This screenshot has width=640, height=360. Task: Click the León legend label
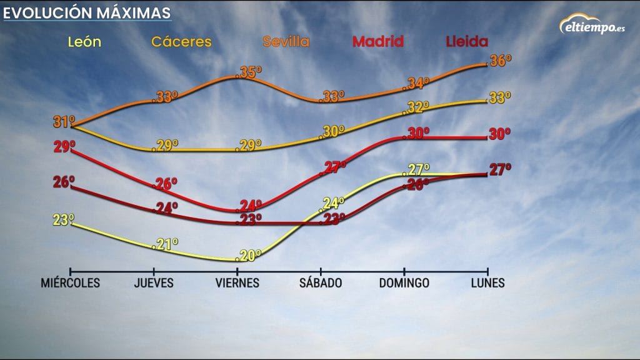pos(84,42)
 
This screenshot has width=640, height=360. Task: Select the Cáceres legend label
pos(182,42)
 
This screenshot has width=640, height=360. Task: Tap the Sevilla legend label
pos(286,42)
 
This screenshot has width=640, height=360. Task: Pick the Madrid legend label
pos(378,42)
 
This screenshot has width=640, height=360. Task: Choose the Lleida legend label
pos(467,42)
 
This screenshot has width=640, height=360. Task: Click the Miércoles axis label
pos(70,283)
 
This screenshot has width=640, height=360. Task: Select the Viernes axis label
pos(237,283)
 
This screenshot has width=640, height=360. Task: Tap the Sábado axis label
pos(321,283)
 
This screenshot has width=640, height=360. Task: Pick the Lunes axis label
pos(487,283)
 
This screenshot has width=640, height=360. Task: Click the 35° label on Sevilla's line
pos(249,72)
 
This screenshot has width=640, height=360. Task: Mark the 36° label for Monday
pos(500,61)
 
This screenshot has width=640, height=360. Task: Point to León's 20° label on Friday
pos(249,254)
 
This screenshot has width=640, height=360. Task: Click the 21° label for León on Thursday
pos(166,244)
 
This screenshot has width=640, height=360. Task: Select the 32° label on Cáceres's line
pos(417,107)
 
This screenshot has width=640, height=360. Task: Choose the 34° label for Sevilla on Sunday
pos(417,83)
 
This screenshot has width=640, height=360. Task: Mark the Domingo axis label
pos(404,283)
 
